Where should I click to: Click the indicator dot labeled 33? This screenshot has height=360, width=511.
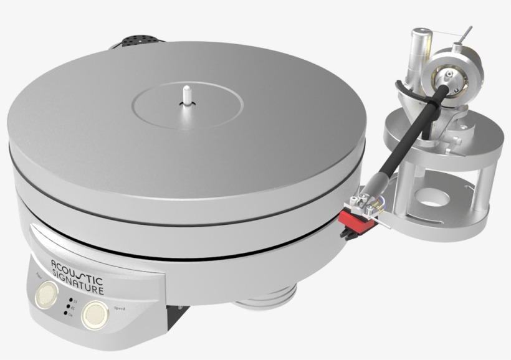[70, 300]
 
